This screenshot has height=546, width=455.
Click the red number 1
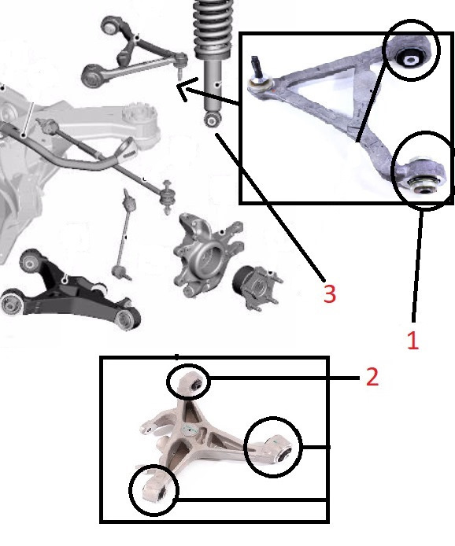tap(412, 340)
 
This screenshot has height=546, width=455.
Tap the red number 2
tap(372, 376)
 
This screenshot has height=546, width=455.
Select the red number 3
tap(329, 293)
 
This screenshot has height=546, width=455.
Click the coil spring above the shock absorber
tap(213, 28)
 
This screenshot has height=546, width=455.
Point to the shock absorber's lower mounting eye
tap(212, 120)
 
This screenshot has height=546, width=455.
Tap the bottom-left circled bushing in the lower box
tap(161, 493)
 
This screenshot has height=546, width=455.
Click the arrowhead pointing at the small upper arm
tap(185, 90)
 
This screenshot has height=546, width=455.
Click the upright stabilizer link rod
tap(126, 236)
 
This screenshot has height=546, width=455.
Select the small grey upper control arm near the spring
tap(132, 52)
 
